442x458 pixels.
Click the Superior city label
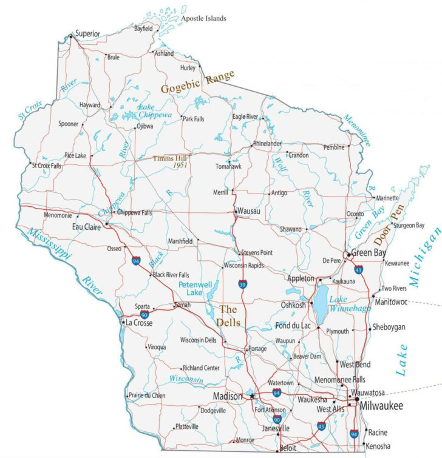87,34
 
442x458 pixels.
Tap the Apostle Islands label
203,19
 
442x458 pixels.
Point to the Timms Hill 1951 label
171,161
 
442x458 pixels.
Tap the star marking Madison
252,396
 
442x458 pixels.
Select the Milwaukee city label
381,405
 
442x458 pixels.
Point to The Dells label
230,315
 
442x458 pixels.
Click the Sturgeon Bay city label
409,226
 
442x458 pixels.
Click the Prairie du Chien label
147,396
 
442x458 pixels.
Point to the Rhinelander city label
267,143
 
